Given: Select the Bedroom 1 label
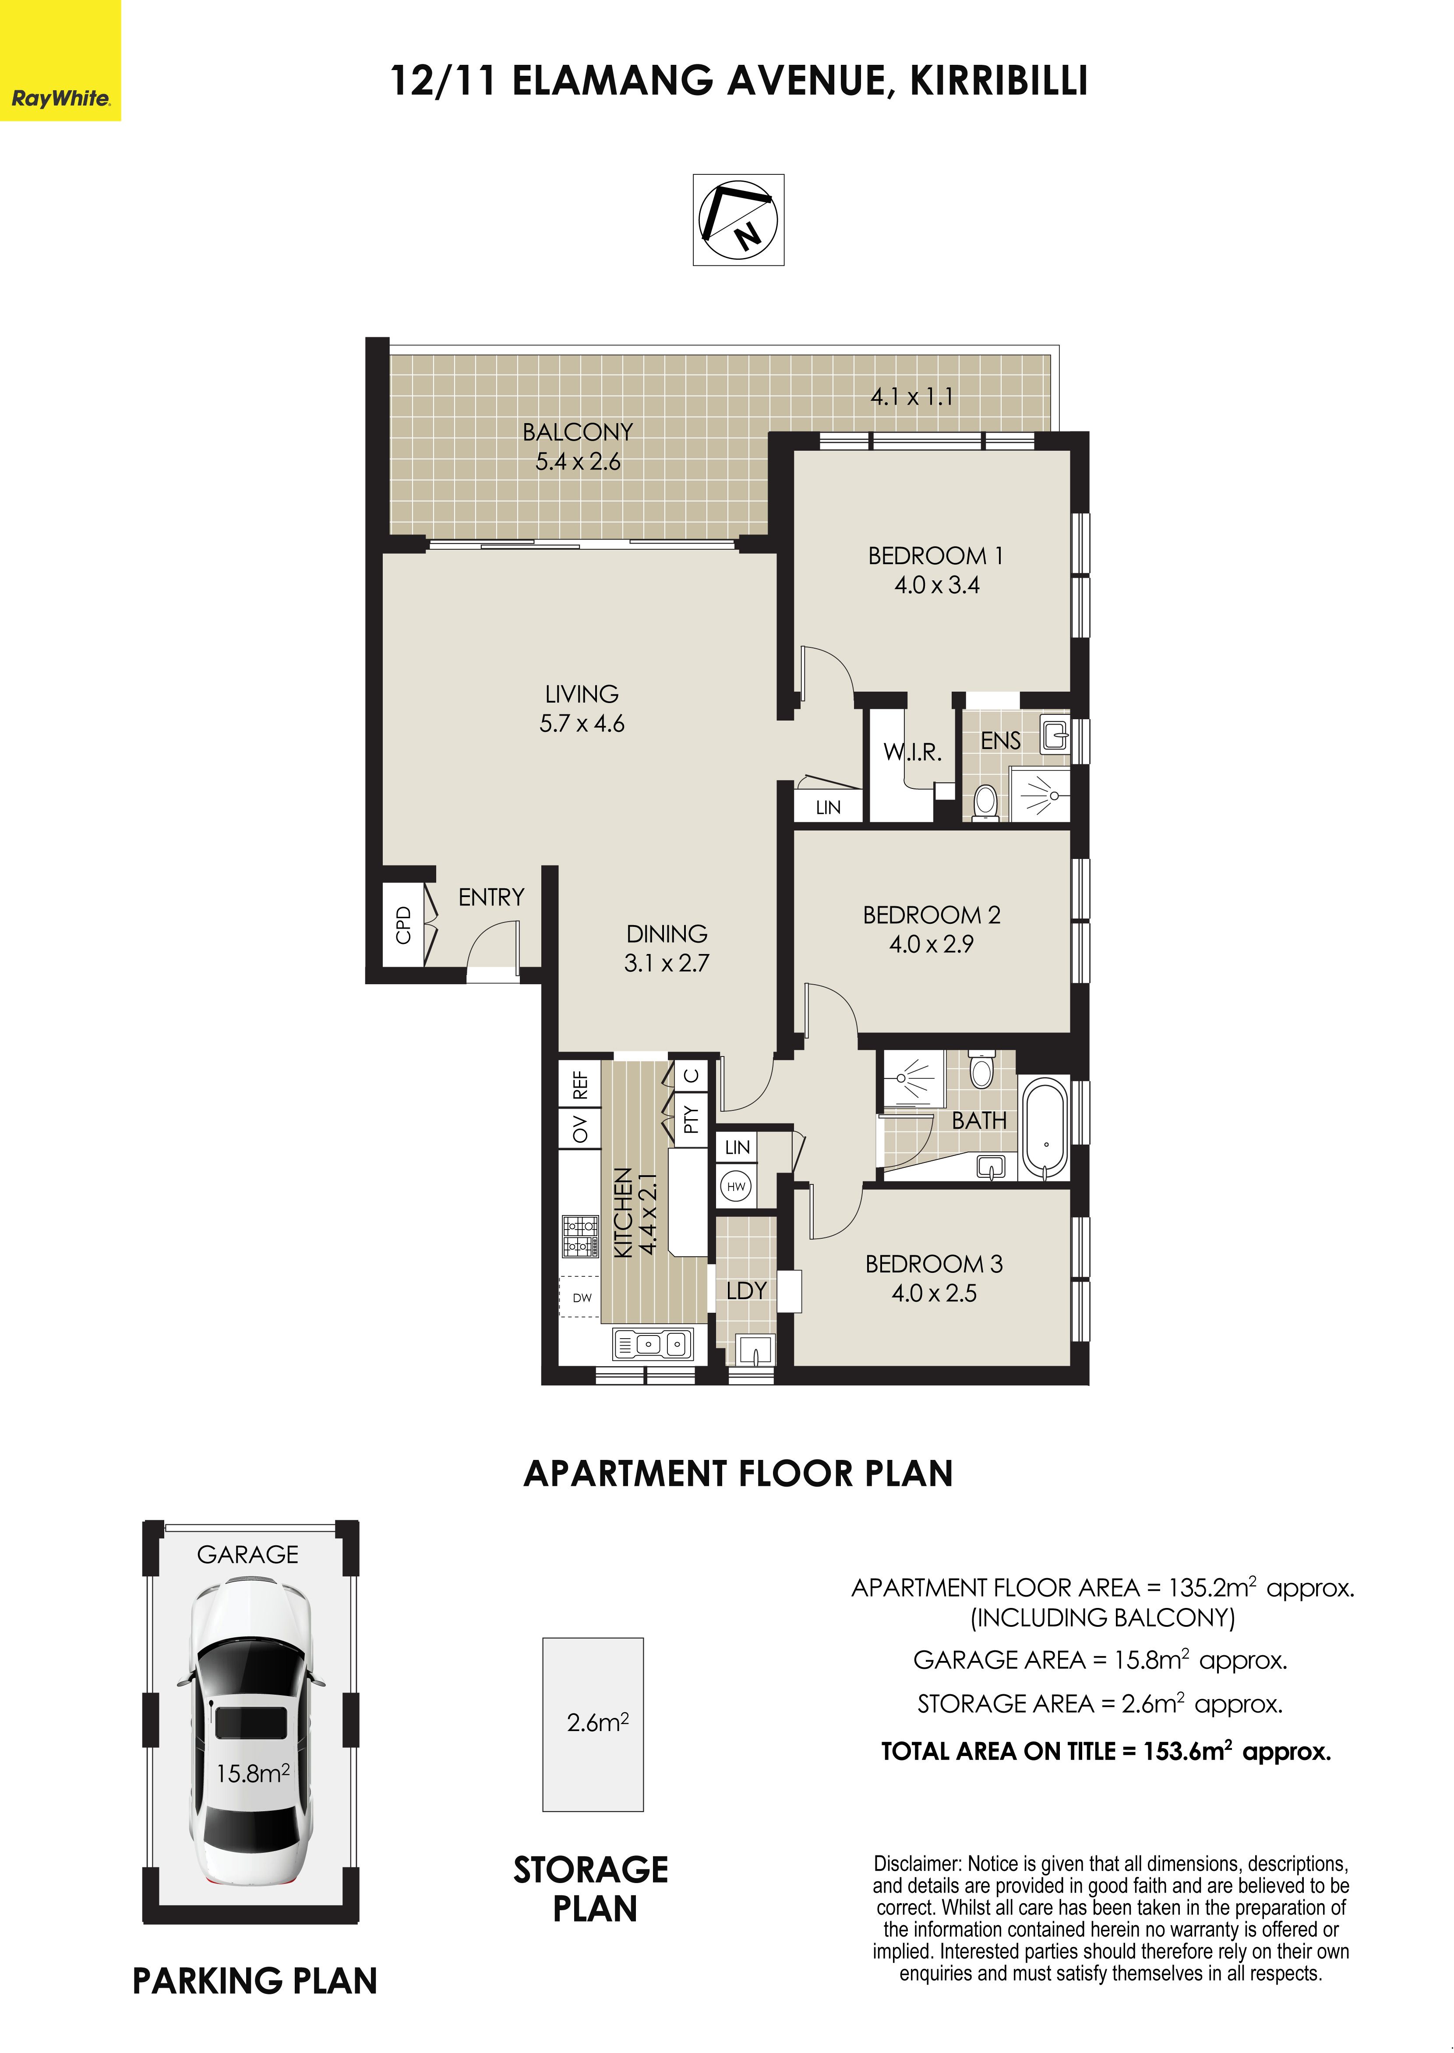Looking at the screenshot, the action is point(935,556).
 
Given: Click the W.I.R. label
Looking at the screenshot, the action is point(912,752).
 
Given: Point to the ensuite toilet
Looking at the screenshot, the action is point(985,801).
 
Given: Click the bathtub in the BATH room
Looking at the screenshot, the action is point(1046,1130).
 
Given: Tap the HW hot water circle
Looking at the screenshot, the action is point(736,1187).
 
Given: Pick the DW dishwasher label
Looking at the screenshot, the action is point(582,1297).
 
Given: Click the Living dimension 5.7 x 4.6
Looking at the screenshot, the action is point(582,724).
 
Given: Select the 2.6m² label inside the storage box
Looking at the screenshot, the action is point(597,1723).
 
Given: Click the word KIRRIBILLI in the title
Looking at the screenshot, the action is point(999,81).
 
